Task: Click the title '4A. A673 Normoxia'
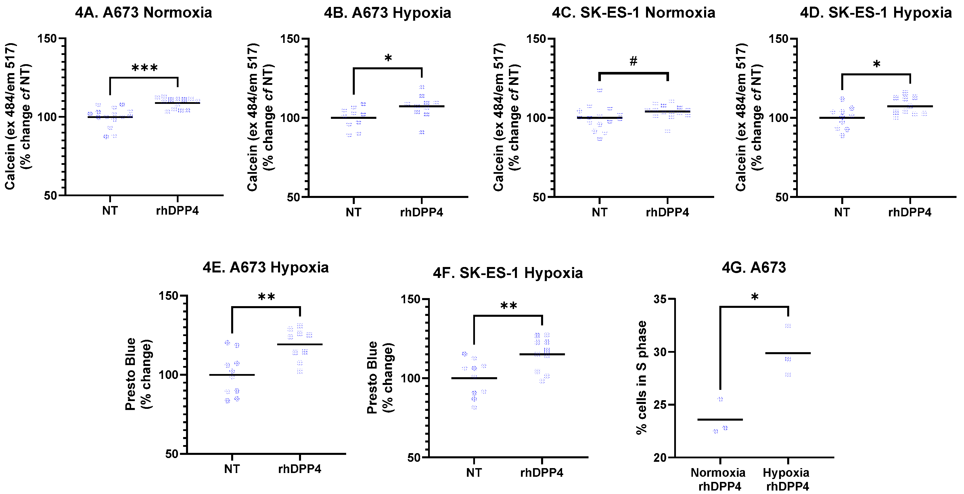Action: [x=143, y=13]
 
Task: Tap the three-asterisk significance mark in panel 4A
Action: [x=144, y=68]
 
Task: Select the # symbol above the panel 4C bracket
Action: [x=633, y=61]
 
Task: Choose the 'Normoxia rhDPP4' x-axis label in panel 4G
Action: [x=718, y=479]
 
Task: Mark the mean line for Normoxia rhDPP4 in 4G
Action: [x=720, y=419]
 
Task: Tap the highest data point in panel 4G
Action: [x=788, y=326]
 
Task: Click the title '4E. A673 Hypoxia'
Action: [x=265, y=267]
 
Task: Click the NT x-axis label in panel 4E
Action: [x=232, y=469]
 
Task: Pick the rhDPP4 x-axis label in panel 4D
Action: [x=909, y=212]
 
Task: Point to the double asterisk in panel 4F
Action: [x=509, y=306]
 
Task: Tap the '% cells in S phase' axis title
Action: [x=642, y=377]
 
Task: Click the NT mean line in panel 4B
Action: [x=353, y=118]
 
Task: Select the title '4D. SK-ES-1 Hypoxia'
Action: [x=876, y=13]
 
